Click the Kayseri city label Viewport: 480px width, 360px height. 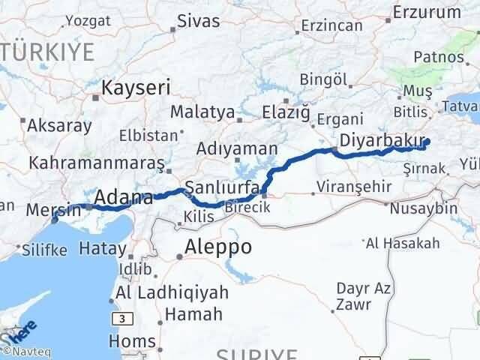136,87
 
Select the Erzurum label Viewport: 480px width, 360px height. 427,12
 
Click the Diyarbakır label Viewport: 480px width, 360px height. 376,139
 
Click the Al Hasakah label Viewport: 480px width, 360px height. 403,242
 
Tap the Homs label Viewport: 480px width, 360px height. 132,341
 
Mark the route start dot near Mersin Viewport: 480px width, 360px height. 54,220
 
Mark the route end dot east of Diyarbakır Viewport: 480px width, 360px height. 427,142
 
